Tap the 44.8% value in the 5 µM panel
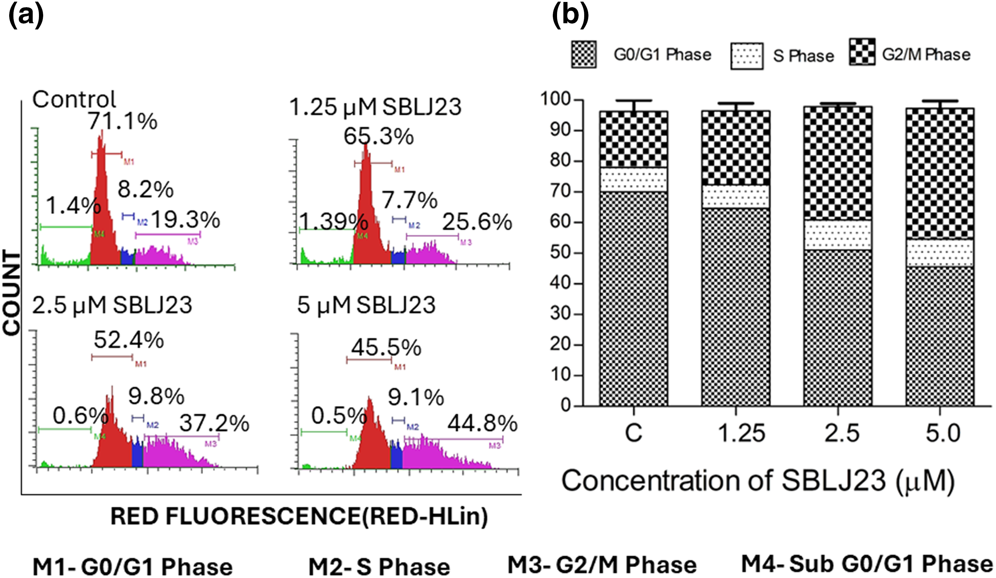coord(482,424)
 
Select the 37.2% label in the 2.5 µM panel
coord(214,424)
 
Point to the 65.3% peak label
coord(378,137)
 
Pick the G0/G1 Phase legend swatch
coord(584,55)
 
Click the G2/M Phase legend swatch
coord(862,52)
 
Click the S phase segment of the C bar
coord(634,179)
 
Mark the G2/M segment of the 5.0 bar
coord(939,174)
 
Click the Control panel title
coord(74,99)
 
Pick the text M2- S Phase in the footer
coord(379,567)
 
